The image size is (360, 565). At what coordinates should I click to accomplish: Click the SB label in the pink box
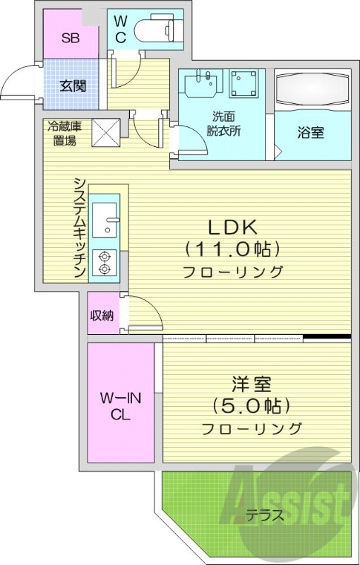(70, 37)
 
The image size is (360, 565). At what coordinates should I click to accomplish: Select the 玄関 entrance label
(73, 86)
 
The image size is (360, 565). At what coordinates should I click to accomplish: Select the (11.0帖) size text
(233, 249)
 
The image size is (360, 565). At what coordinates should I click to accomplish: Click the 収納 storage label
(102, 316)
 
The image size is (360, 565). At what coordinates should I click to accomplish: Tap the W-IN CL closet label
(120, 406)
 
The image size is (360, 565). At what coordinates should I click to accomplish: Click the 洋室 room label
(251, 386)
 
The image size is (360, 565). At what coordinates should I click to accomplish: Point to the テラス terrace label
(265, 515)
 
